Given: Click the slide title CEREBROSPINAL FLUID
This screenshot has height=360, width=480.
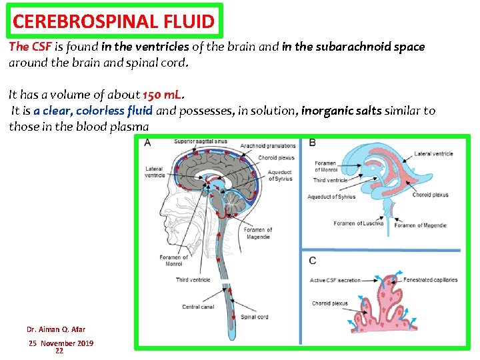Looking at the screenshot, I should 113,21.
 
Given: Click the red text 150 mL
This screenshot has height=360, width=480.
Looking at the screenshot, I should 163,94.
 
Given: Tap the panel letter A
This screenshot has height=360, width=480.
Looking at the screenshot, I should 147,143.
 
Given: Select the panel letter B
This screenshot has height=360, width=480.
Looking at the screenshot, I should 313,143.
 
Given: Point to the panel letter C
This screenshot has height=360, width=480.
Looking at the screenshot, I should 313,260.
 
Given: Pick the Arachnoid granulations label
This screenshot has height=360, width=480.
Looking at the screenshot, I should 267,145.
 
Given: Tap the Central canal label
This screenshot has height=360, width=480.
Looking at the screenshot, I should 198,307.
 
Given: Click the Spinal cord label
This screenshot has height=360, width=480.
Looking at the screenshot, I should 254,317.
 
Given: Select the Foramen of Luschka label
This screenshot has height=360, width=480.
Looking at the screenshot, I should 358,223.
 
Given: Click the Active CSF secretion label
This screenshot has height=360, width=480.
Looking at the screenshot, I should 335,280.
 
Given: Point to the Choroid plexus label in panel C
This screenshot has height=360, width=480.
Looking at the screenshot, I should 329,303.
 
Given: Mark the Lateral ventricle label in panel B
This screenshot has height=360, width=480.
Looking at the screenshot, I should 433,153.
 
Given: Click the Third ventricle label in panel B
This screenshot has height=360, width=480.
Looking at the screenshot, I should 330,180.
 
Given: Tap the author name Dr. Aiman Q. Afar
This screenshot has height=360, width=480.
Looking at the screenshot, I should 56,329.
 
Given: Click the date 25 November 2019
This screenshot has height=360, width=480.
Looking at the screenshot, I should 61,343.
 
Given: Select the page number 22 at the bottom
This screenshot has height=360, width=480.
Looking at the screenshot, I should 59,351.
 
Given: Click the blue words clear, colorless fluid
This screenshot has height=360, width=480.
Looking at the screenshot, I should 93,111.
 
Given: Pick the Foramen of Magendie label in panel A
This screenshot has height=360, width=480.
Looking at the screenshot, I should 258,233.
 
